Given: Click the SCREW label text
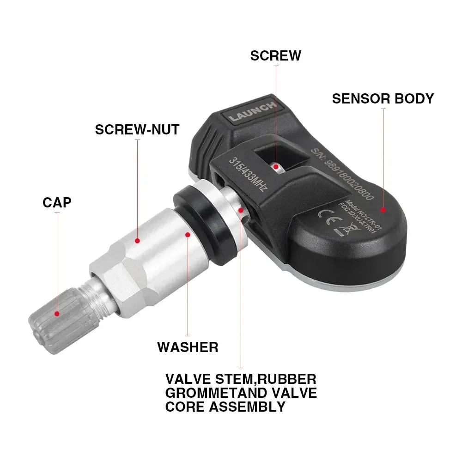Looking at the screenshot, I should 275,55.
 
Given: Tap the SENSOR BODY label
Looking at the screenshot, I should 383,98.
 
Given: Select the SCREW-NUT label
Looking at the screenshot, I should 137,129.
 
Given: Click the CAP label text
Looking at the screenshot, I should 57,202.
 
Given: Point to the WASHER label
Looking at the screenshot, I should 188,346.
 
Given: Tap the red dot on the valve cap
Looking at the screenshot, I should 57,313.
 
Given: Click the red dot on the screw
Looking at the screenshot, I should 276,166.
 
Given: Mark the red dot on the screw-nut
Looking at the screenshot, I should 137,240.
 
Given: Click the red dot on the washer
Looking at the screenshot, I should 188,234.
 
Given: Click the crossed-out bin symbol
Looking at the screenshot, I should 343,228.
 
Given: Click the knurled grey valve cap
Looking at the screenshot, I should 55,319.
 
